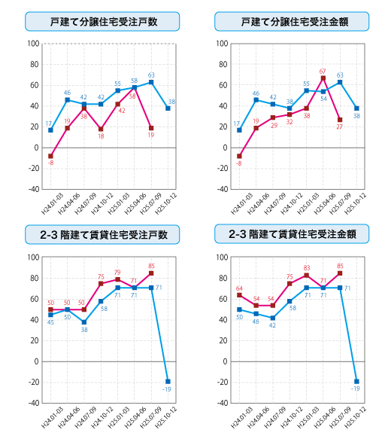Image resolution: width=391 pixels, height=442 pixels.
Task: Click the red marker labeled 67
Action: coord(323,78)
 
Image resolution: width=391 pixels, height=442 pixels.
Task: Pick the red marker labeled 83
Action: coord(306,276)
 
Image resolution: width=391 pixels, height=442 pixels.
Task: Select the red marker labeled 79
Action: coord(118,280)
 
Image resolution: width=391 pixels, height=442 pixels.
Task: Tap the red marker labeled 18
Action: coord(101,129)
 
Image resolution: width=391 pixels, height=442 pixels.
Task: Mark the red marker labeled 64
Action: coord(239,295)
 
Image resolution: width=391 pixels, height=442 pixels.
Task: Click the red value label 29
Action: coord(274,125)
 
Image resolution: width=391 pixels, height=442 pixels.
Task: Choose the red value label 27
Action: coord(340,128)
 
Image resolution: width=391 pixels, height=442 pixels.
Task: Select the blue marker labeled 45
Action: coord(50,315)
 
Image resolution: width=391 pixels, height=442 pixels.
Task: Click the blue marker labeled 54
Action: coord(323,92)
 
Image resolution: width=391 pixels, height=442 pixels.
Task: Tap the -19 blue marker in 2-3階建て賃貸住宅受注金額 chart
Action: coord(356,381)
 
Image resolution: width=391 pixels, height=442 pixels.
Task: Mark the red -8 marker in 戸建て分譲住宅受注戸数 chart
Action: coord(50,156)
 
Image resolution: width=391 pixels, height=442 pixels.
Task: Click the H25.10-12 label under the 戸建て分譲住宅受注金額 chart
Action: coord(357,205)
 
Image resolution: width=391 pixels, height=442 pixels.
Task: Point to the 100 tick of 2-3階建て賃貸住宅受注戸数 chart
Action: coord(33,258)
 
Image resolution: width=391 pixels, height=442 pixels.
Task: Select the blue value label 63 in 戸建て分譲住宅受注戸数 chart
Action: coord(151,75)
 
